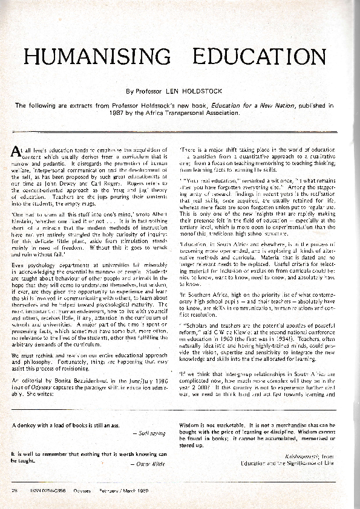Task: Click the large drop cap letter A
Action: (x=16, y=151)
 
